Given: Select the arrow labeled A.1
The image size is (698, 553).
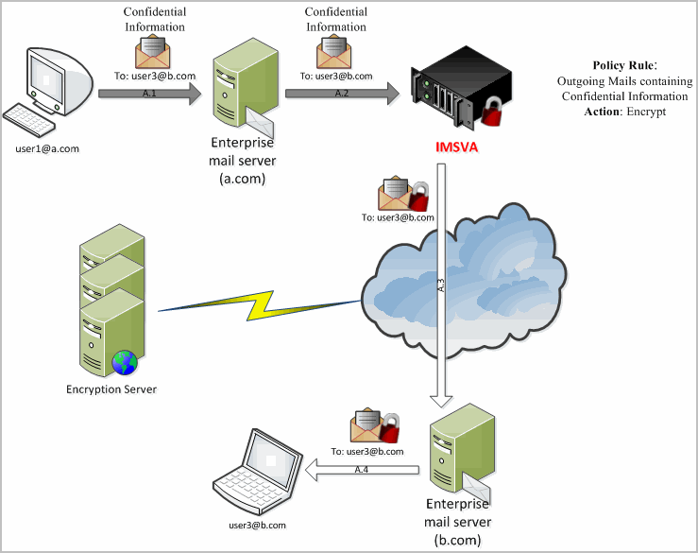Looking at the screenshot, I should [149, 94].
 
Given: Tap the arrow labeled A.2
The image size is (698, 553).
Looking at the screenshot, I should [342, 94].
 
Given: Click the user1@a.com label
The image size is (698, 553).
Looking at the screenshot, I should [47, 148].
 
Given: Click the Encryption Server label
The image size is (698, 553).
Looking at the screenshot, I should [111, 389].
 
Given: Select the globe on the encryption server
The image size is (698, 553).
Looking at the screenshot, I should [123, 362].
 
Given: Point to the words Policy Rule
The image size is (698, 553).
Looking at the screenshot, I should [623, 65].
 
